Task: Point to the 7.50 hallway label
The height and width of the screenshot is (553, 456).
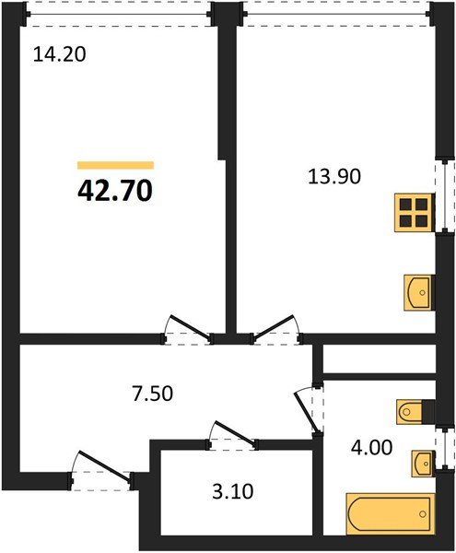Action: pyautogui.click(x=150, y=394)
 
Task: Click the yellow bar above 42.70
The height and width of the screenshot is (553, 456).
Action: pyautogui.click(x=115, y=164)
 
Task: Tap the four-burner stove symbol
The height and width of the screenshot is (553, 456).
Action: pyautogui.click(x=413, y=213)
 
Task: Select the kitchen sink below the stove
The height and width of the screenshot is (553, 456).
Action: pyautogui.click(x=418, y=291)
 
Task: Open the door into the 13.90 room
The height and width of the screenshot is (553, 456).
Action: pyautogui.click(x=277, y=328)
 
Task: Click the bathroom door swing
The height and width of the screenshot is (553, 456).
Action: pyautogui.click(x=308, y=406)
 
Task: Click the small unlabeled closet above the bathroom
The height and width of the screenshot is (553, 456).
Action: pyautogui.click(x=378, y=359)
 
